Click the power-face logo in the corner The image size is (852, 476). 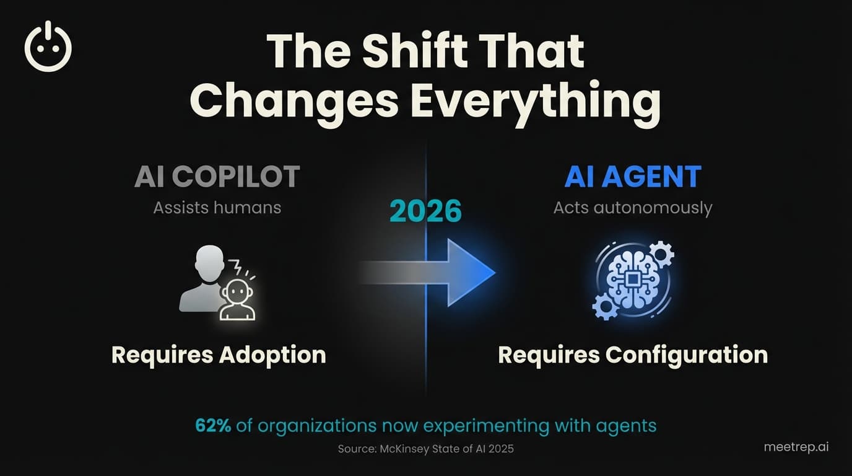tap(48, 47)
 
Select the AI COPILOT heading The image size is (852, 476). tap(217, 177)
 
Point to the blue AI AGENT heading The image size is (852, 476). tap(632, 177)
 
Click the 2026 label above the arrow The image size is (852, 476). tap(426, 211)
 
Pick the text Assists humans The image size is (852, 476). tap(217, 207)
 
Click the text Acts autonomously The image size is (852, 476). tap(632, 207)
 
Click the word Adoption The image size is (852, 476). tap(272, 355)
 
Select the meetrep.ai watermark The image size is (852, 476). tap(796, 447)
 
